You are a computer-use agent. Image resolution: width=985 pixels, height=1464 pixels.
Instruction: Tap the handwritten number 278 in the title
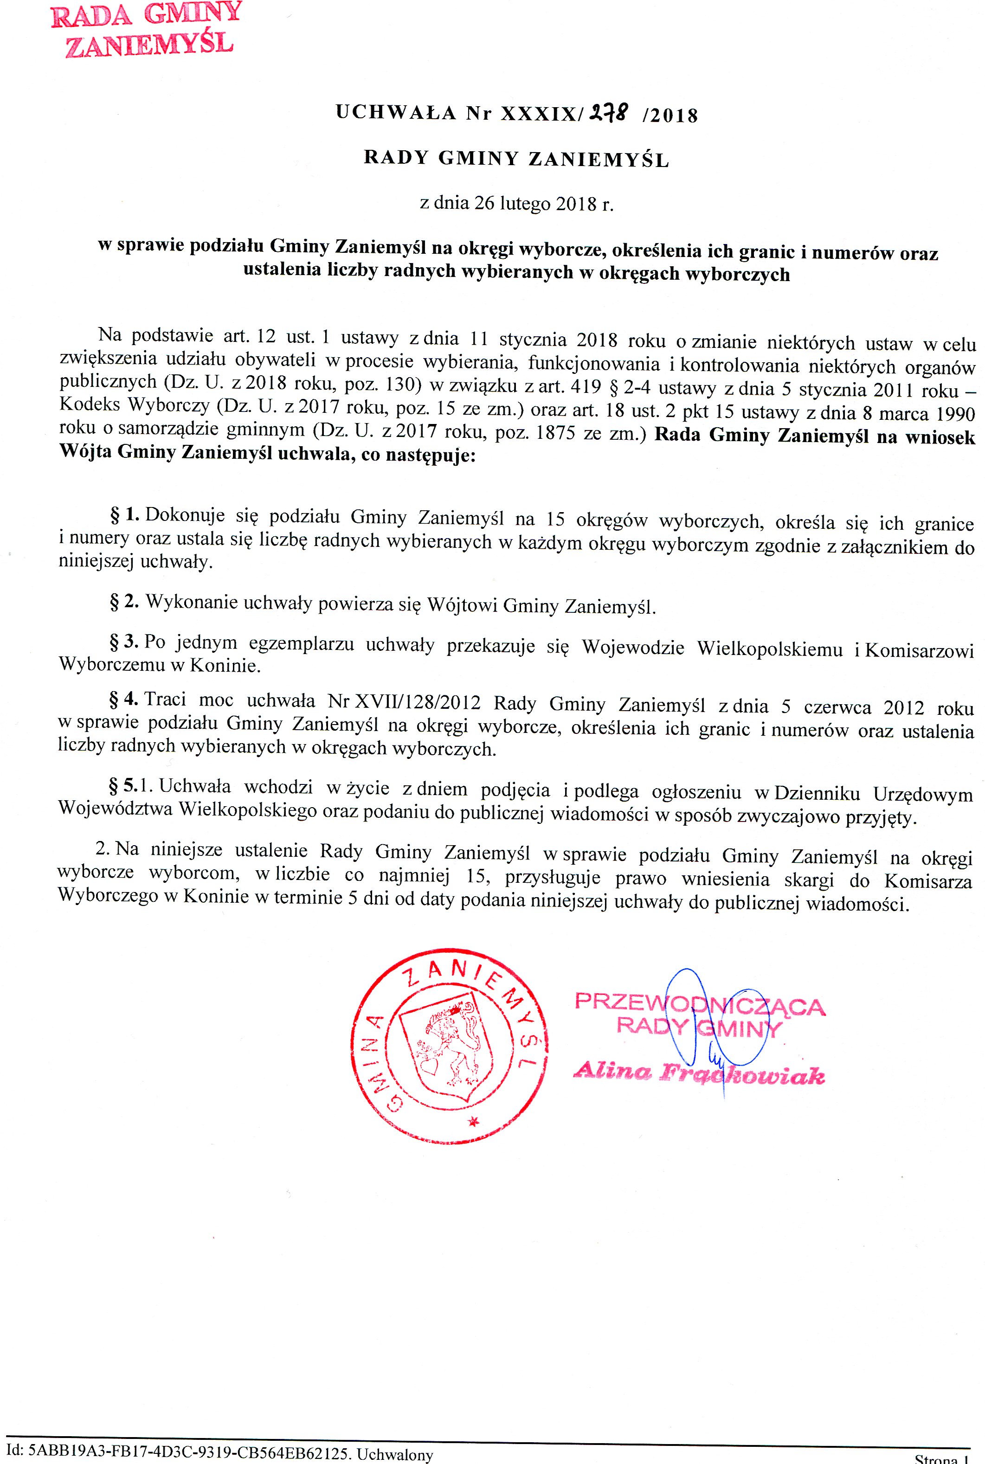coord(607,114)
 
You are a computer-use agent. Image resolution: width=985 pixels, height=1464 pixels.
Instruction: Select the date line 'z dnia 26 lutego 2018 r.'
coord(516,204)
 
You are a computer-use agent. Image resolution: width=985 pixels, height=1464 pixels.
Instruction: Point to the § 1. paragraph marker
coord(124,515)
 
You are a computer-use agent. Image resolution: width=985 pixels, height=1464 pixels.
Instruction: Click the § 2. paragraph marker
coord(124,601)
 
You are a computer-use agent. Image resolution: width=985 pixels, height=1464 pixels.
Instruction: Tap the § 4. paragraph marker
coord(124,699)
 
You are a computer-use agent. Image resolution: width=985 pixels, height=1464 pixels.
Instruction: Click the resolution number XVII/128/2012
coord(404,701)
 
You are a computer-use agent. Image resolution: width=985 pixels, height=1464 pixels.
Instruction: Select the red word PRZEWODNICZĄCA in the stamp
coord(699,1004)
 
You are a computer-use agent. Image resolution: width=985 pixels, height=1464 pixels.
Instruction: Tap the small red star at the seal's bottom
coord(473,1137)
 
